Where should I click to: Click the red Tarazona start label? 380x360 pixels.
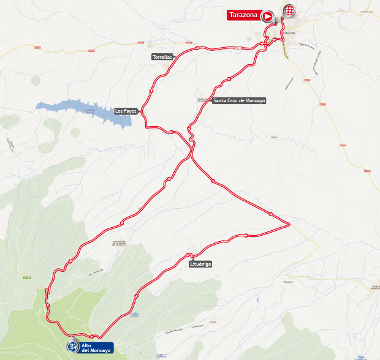243,15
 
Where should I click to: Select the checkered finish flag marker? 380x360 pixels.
289,11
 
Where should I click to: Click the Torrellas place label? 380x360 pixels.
163,57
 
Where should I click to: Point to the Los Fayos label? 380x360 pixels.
126,111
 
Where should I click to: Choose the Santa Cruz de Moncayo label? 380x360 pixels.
239,100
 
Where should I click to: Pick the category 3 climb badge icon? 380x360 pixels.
73,347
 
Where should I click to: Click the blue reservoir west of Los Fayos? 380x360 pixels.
86,110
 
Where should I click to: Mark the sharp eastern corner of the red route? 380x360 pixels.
289,225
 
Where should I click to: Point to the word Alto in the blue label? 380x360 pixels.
86,345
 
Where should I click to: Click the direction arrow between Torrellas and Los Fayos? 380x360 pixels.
151,90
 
